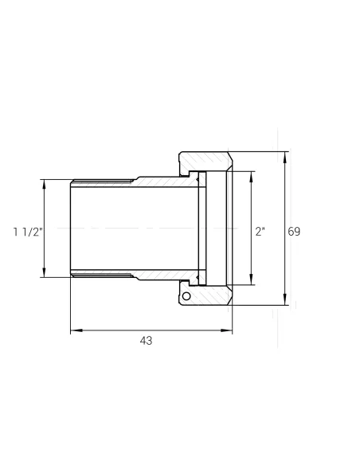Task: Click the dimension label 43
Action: pos(146,341)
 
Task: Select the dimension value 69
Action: pos(294,232)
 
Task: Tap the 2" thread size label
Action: pos(260,232)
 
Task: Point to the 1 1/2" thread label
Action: pos(28,232)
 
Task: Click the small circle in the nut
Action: pos(186,296)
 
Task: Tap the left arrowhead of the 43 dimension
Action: pos(76,330)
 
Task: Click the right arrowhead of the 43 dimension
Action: pos(226,330)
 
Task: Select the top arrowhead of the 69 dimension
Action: pos(285,158)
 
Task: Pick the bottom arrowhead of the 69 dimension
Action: pos(285,299)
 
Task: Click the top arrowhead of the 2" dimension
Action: pos(252,177)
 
